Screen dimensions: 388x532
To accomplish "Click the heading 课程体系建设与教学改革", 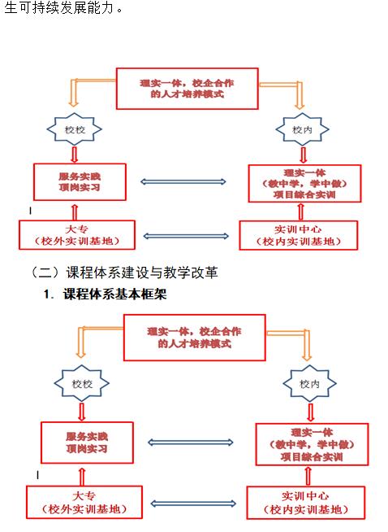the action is click(x=142, y=273).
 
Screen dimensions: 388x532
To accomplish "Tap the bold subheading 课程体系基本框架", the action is click(x=114, y=294).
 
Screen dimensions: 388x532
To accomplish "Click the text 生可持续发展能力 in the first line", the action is click(x=58, y=7).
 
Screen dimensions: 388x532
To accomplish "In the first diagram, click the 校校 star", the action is click(x=75, y=129).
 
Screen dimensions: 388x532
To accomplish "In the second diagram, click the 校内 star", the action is click(x=310, y=384).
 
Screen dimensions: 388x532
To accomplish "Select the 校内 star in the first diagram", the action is click(x=302, y=129).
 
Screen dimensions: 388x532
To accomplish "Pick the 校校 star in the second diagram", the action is click(x=82, y=384).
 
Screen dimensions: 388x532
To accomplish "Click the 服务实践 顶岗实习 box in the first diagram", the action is click(x=80, y=182).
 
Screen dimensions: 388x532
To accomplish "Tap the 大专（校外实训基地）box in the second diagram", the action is click(x=84, y=502).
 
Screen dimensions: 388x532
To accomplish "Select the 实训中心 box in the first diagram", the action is click(x=298, y=235).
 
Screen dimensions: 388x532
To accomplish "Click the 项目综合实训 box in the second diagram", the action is click(x=312, y=444).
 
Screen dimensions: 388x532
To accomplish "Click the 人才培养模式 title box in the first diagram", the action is click(x=188, y=89).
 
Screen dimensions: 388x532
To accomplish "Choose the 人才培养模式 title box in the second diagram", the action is click(x=195, y=338).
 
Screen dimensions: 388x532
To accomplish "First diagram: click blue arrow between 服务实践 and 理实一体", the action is click(x=183, y=182).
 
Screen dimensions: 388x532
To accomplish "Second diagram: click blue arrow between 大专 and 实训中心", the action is click(x=193, y=504).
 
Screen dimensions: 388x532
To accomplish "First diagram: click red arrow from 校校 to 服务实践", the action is click(x=75, y=155).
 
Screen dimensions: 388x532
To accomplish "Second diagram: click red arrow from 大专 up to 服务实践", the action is click(x=82, y=477).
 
